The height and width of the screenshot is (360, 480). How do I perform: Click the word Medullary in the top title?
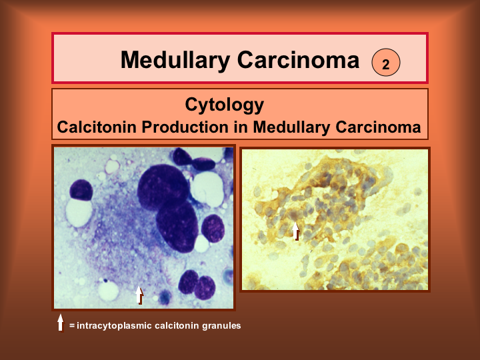coord(175,61)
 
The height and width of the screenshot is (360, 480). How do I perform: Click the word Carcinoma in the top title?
coord(298,60)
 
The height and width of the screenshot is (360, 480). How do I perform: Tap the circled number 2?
coord(386,62)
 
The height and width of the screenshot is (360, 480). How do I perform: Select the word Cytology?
coord(225,105)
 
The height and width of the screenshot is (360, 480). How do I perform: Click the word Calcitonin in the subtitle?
coord(97,127)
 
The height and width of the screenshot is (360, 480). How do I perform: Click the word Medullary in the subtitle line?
coord(292,127)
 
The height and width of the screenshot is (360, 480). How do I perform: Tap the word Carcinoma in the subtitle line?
coord(378,127)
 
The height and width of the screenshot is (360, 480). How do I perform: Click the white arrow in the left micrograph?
coord(139,295)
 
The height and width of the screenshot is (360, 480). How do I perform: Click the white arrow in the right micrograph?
coord(295,231)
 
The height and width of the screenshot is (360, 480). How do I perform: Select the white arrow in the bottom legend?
coord(61,323)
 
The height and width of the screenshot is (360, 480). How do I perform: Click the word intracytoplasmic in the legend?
coord(114,326)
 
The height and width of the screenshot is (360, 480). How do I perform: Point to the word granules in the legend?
coord(221,325)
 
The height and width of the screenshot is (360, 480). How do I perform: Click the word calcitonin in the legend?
coord(177,325)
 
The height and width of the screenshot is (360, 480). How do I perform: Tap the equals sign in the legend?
coord(72,326)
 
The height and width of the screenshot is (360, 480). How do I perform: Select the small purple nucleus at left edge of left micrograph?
coord(81,190)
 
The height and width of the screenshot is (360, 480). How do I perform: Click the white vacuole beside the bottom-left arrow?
coord(108,290)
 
